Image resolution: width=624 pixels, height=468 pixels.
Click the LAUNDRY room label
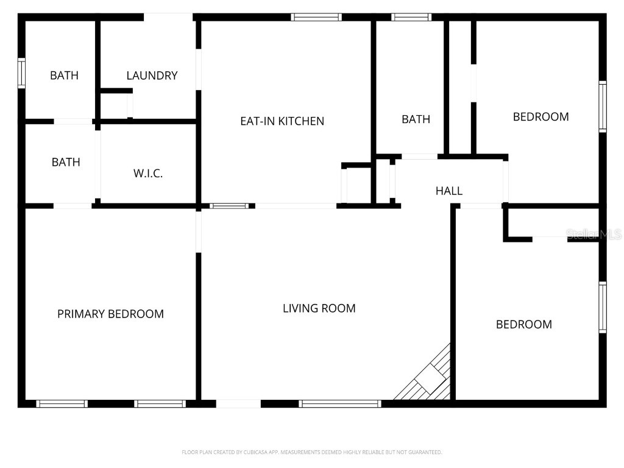pos(152,76)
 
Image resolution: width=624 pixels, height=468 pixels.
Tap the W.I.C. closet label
pos(148,174)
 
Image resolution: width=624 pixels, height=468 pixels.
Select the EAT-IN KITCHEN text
pos(282,121)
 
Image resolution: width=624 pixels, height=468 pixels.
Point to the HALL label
pos(449,191)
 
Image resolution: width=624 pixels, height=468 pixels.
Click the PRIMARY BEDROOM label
pos(110,314)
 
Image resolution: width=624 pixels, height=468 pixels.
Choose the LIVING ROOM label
pos(319,308)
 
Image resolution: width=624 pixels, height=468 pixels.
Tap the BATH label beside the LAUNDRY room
pos(64,76)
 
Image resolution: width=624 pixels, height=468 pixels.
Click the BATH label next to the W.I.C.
pos(66,162)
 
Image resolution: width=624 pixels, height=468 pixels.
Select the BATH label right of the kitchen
pos(416,119)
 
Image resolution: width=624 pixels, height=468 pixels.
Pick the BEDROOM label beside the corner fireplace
pos(524,324)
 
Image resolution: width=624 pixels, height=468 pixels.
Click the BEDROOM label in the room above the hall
pos(541,116)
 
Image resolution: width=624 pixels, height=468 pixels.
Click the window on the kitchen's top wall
pos(316,17)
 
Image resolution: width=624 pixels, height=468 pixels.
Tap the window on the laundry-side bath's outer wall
pos(21,73)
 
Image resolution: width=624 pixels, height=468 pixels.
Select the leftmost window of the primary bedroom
pos(62,403)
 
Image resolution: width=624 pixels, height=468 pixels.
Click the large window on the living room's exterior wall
pos(340,403)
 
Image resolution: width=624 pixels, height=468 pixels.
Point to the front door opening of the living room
pos(238,403)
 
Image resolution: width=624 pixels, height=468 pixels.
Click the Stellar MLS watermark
pos(594,234)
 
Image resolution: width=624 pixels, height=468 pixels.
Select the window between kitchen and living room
pos(229,206)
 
